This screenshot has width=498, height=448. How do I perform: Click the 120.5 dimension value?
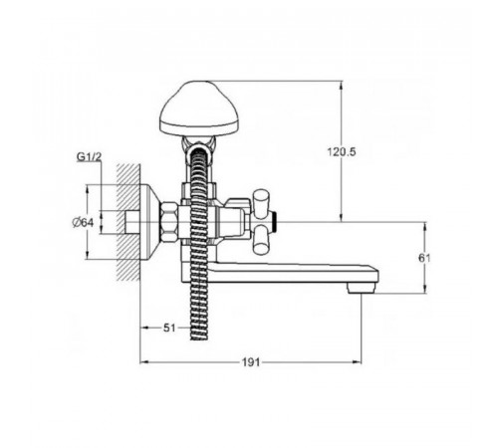click(x=342, y=152)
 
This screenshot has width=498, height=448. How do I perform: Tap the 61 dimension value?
click(x=424, y=258)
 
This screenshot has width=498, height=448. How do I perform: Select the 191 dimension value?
click(x=251, y=362)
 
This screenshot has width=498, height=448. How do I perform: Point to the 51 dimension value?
click(x=169, y=328)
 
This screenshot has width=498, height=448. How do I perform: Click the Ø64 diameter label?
click(x=83, y=222)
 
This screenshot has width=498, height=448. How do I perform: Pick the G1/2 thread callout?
click(x=89, y=156)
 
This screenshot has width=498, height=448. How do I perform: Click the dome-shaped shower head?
click(x=199, y=110)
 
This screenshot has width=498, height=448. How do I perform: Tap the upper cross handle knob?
click(x=261, y=203)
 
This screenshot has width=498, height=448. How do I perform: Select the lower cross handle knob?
click(x=261, y=240)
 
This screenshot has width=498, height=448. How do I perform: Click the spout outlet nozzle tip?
click(x=362, y=288)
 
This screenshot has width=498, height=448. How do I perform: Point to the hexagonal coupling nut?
click(x=169, y=222)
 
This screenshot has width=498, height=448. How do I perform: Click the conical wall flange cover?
click(x=150, y=222)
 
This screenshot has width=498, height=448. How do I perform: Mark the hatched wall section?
click(x=128, y=222)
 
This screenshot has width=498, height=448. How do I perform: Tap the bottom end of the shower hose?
click(x=199, y=338)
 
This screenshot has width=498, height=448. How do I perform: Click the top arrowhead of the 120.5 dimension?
click(x=342, y=84)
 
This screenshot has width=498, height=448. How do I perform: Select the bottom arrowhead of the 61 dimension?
click(x=425, y=290)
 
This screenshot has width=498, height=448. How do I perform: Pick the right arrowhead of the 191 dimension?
click(x=358, y=362)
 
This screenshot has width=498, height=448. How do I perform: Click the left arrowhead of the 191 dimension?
click(x=143, y=362)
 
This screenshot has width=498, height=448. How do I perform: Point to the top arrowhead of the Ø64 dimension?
click(x=88, y=188)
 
